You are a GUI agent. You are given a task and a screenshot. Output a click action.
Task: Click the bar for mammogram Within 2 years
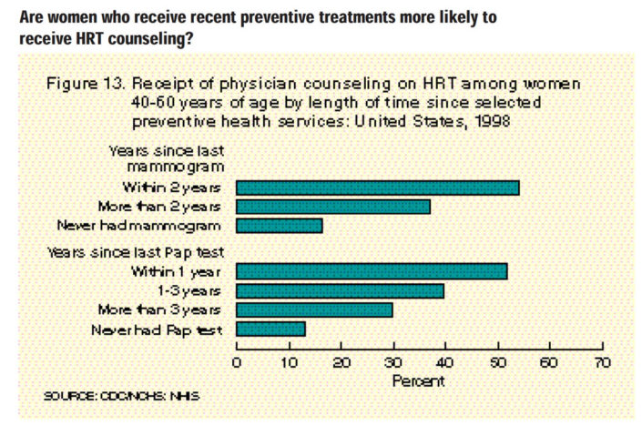(x=377, y=188)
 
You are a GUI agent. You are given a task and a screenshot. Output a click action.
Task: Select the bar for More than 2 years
(x=333, y=207)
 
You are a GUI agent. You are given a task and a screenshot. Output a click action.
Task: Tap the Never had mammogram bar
(x=279, y=226)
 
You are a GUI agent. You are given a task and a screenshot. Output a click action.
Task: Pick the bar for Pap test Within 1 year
(x=372, y=271)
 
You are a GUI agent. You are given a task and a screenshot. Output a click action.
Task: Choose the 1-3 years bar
(x=340, y=290)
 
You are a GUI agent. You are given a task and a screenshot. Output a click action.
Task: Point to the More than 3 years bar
(x=314, y=309)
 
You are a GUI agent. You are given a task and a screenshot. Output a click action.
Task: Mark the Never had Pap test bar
(x=270, y=329)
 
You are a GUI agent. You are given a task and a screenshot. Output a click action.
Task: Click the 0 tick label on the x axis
(x=237, y=362)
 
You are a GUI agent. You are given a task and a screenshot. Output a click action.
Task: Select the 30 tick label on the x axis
(x=392, y=362)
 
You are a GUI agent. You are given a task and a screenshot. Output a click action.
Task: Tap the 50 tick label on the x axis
(x=497, y=362)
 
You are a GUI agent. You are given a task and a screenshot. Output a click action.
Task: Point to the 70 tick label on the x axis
(x=601, y=362)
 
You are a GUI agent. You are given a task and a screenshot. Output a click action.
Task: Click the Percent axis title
(x=418, y=380)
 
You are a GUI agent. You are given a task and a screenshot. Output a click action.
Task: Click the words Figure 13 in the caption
(x=83, y=84)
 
